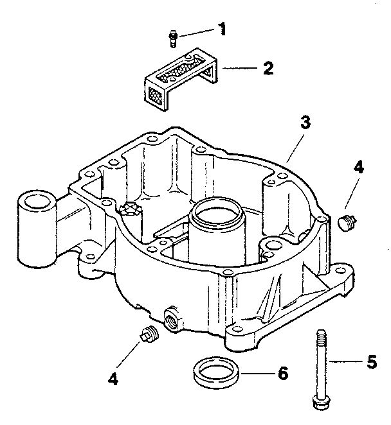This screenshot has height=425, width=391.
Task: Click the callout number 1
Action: tap(222, 29)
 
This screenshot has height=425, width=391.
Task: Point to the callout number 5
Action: tap(371, 362)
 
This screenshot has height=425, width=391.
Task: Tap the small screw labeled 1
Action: tap(172, 39)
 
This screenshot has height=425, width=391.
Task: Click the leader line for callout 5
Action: tap(345, 362)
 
